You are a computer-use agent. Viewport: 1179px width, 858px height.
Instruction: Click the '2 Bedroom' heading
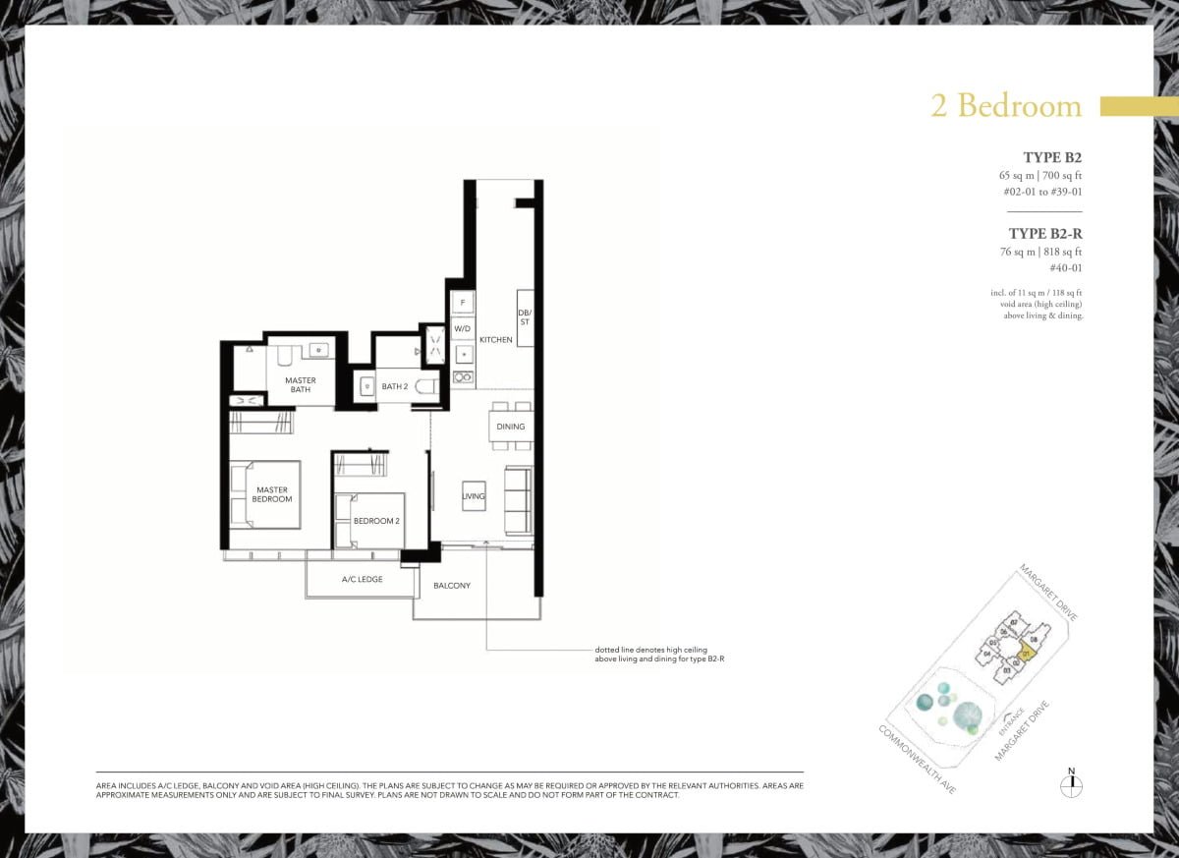(1005, 106)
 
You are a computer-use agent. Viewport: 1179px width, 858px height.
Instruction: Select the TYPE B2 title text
(1051, 157)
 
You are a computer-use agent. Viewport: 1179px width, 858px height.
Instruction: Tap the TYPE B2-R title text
(1044, 234)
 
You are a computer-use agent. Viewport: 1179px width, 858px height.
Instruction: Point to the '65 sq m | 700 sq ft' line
(1039, 175)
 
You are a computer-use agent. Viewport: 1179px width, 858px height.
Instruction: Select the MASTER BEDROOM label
(272, 494)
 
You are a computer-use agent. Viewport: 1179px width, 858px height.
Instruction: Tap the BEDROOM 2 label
(376, 521)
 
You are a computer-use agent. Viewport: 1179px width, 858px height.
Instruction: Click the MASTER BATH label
(301, 384)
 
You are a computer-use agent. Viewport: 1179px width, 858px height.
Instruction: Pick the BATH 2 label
(395, 386)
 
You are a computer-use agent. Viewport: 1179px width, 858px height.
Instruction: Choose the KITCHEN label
(496, 340)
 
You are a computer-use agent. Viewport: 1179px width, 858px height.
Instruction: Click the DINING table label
(511, 427)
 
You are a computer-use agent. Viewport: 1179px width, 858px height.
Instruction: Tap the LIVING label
(474, 496)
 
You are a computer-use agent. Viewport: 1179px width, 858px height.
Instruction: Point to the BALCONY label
(452, 586)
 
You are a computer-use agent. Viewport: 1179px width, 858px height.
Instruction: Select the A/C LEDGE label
(362, 580)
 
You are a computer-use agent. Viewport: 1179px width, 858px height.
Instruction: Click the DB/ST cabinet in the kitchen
(526, 317)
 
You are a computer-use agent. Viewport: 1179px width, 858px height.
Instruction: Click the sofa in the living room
(518, 500)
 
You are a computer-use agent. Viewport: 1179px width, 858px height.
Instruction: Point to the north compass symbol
(1071, 784)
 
